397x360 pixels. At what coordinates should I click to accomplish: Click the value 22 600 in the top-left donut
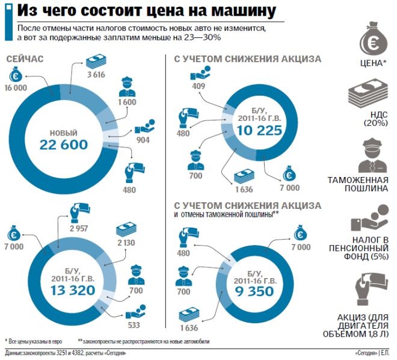click(64, 144)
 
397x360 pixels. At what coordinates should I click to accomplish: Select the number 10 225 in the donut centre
click(255, 131)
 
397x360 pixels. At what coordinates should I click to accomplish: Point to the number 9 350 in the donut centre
click(254, 292)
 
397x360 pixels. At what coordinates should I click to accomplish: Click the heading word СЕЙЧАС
click(28, 59)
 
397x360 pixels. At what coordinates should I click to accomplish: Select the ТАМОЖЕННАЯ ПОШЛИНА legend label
click(364, 184)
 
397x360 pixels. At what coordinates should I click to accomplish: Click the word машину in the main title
click(241, 11)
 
